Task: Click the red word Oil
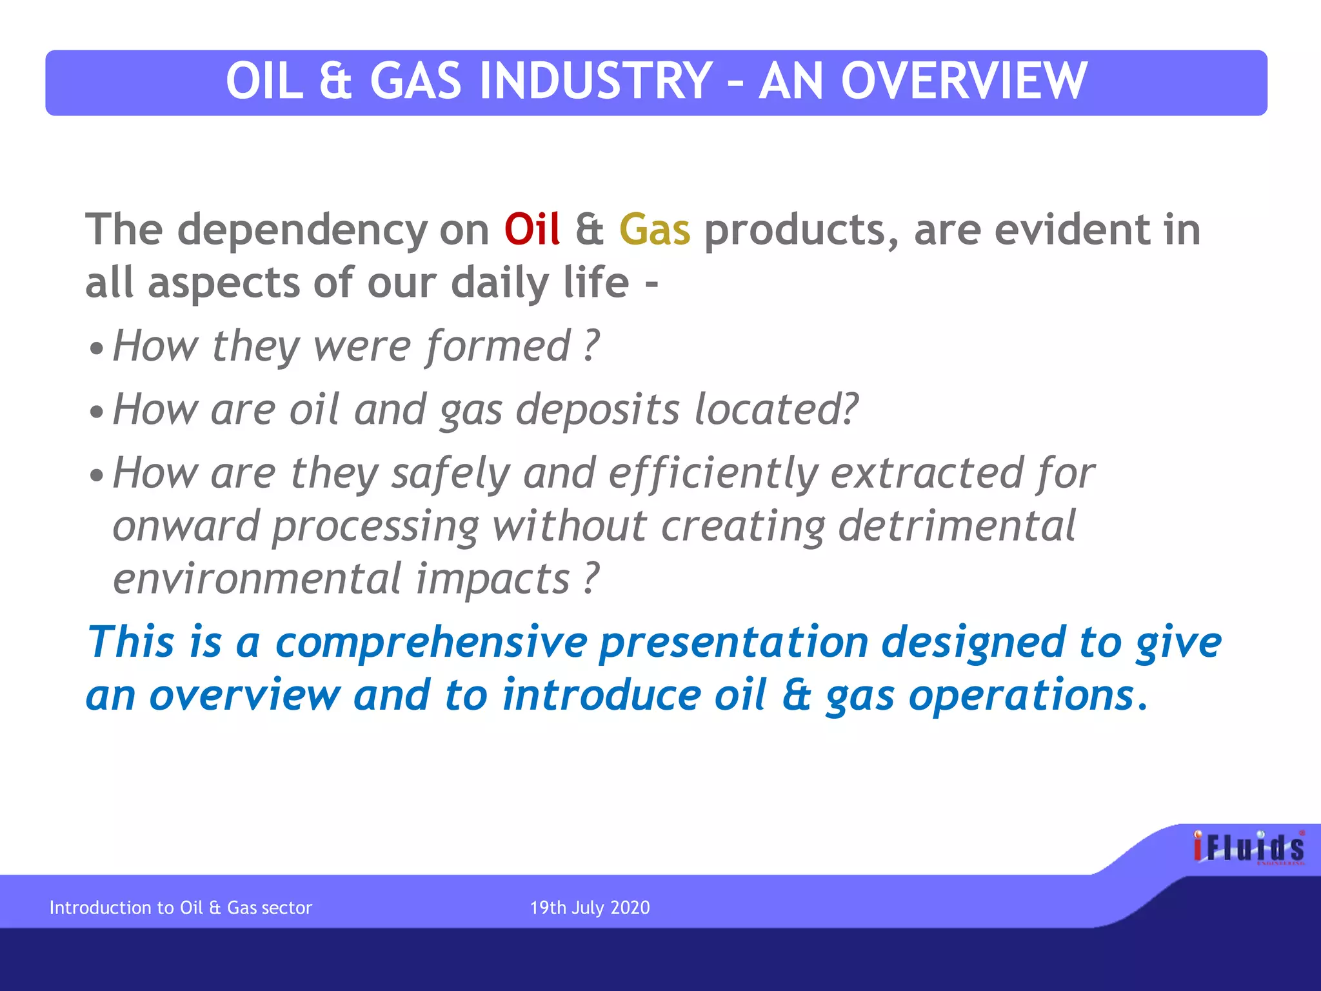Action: click(x=531, y=230)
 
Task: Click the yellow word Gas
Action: click(x=654, y=230)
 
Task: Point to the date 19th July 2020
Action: click(x=590, y=908)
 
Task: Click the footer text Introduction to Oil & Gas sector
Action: click(x=181, y=908)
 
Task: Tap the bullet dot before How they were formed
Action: click(x=96, y=349)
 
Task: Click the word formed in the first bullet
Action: click(x=498, y=347)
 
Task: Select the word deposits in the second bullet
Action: click(x=597, y=410)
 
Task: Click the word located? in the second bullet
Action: click(x=776, y=410)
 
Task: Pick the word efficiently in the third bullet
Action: click(x=713, y=474)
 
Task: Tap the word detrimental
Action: click(x=957, y=526)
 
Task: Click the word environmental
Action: click(x=257, y=579)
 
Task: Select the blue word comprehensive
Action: click(x=431, y=643)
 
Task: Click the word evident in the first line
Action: click(x=1072, y=230)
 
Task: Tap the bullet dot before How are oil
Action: click(x=96, y=412)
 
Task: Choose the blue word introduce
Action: click(x=601, y=696)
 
